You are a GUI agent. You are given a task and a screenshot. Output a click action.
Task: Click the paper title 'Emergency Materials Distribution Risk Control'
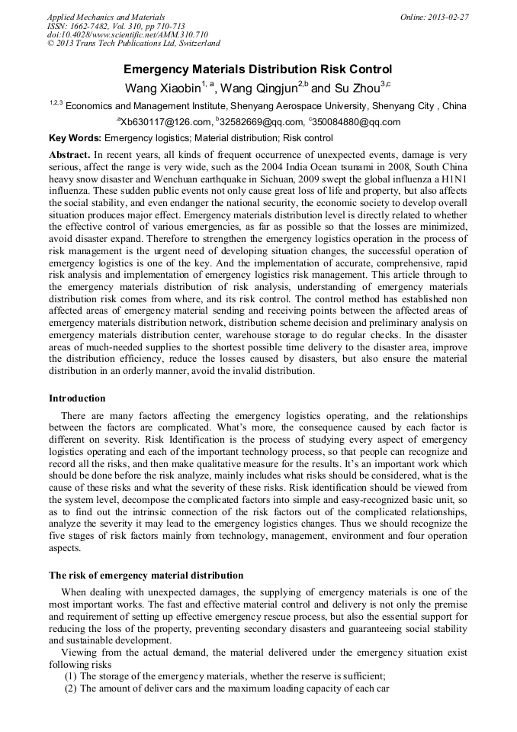point(258,69)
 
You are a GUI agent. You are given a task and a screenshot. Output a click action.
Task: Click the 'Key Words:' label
point(75,138)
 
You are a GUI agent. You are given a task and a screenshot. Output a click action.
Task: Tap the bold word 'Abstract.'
point(71,154)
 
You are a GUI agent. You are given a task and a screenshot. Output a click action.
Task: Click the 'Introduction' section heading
point(77,398)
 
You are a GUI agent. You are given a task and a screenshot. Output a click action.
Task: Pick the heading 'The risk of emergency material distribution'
point(146,575)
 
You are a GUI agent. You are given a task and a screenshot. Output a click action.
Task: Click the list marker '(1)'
point(70,676)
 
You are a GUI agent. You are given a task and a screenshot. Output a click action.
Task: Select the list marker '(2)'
point(70,688)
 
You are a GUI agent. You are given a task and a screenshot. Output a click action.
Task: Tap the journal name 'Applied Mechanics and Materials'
point(105,17)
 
